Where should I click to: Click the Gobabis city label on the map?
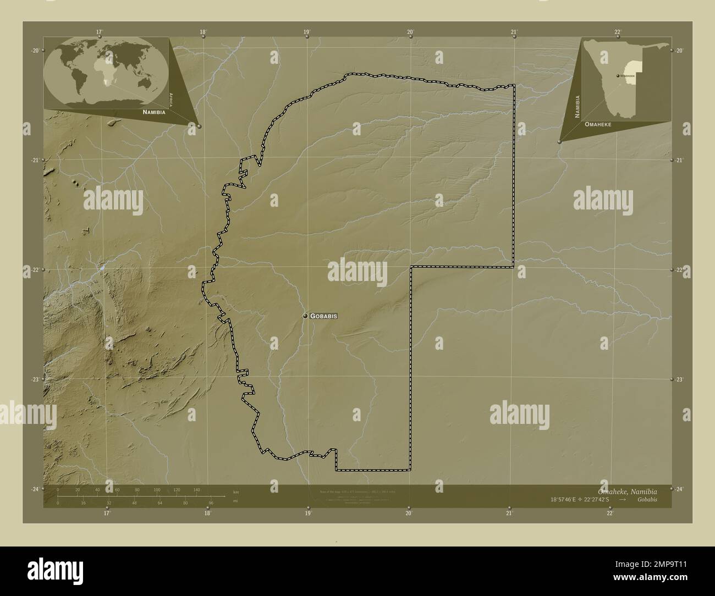pyautogui.click(x=323, y=316)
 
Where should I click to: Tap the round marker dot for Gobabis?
pyautogui.click(x=305, y=316)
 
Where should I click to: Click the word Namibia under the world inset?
pyautogui.click(x=153, y=112)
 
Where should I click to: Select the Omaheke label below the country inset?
pyautogui.click(x=598, y=125)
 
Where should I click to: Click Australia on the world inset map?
pyautogui.click(x=146, y=81)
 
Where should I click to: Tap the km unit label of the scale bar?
pyautogui.click(x=236, y=492)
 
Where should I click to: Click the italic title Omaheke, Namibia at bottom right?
pyautogui.click(x=626, y=491)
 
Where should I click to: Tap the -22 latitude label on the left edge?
pyautogui.click(x=35, y=270)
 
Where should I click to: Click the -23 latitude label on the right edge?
pyautogui.click(x=678, y=380)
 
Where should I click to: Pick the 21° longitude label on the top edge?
pyautogui.click(x=514, y=32)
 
